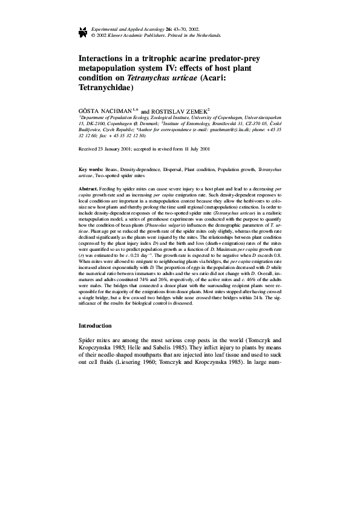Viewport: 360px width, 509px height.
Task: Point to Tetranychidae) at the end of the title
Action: pyautogui.click(x=106, y=86)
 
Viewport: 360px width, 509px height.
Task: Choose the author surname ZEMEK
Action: pyautogui.click(x=196, y=111)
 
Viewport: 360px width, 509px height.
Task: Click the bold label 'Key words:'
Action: pyautogui.click(x=91, y=170)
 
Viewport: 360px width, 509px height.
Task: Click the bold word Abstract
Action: pyautogui.click(x=90, y=189)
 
